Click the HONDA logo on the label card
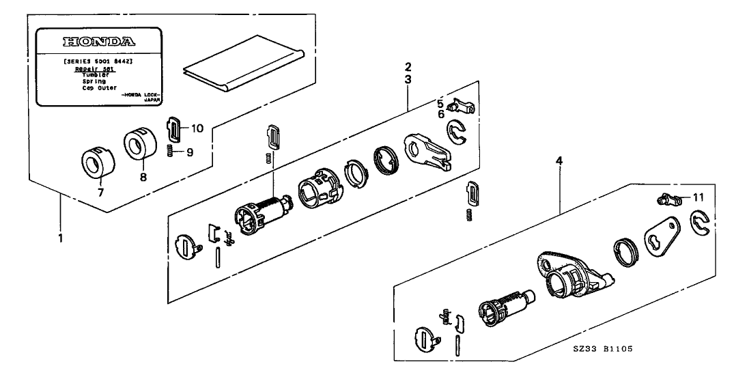click(98, 41)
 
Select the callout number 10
click(197, 128)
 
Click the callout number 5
click(441, 104)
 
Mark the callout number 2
click(408, 67)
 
